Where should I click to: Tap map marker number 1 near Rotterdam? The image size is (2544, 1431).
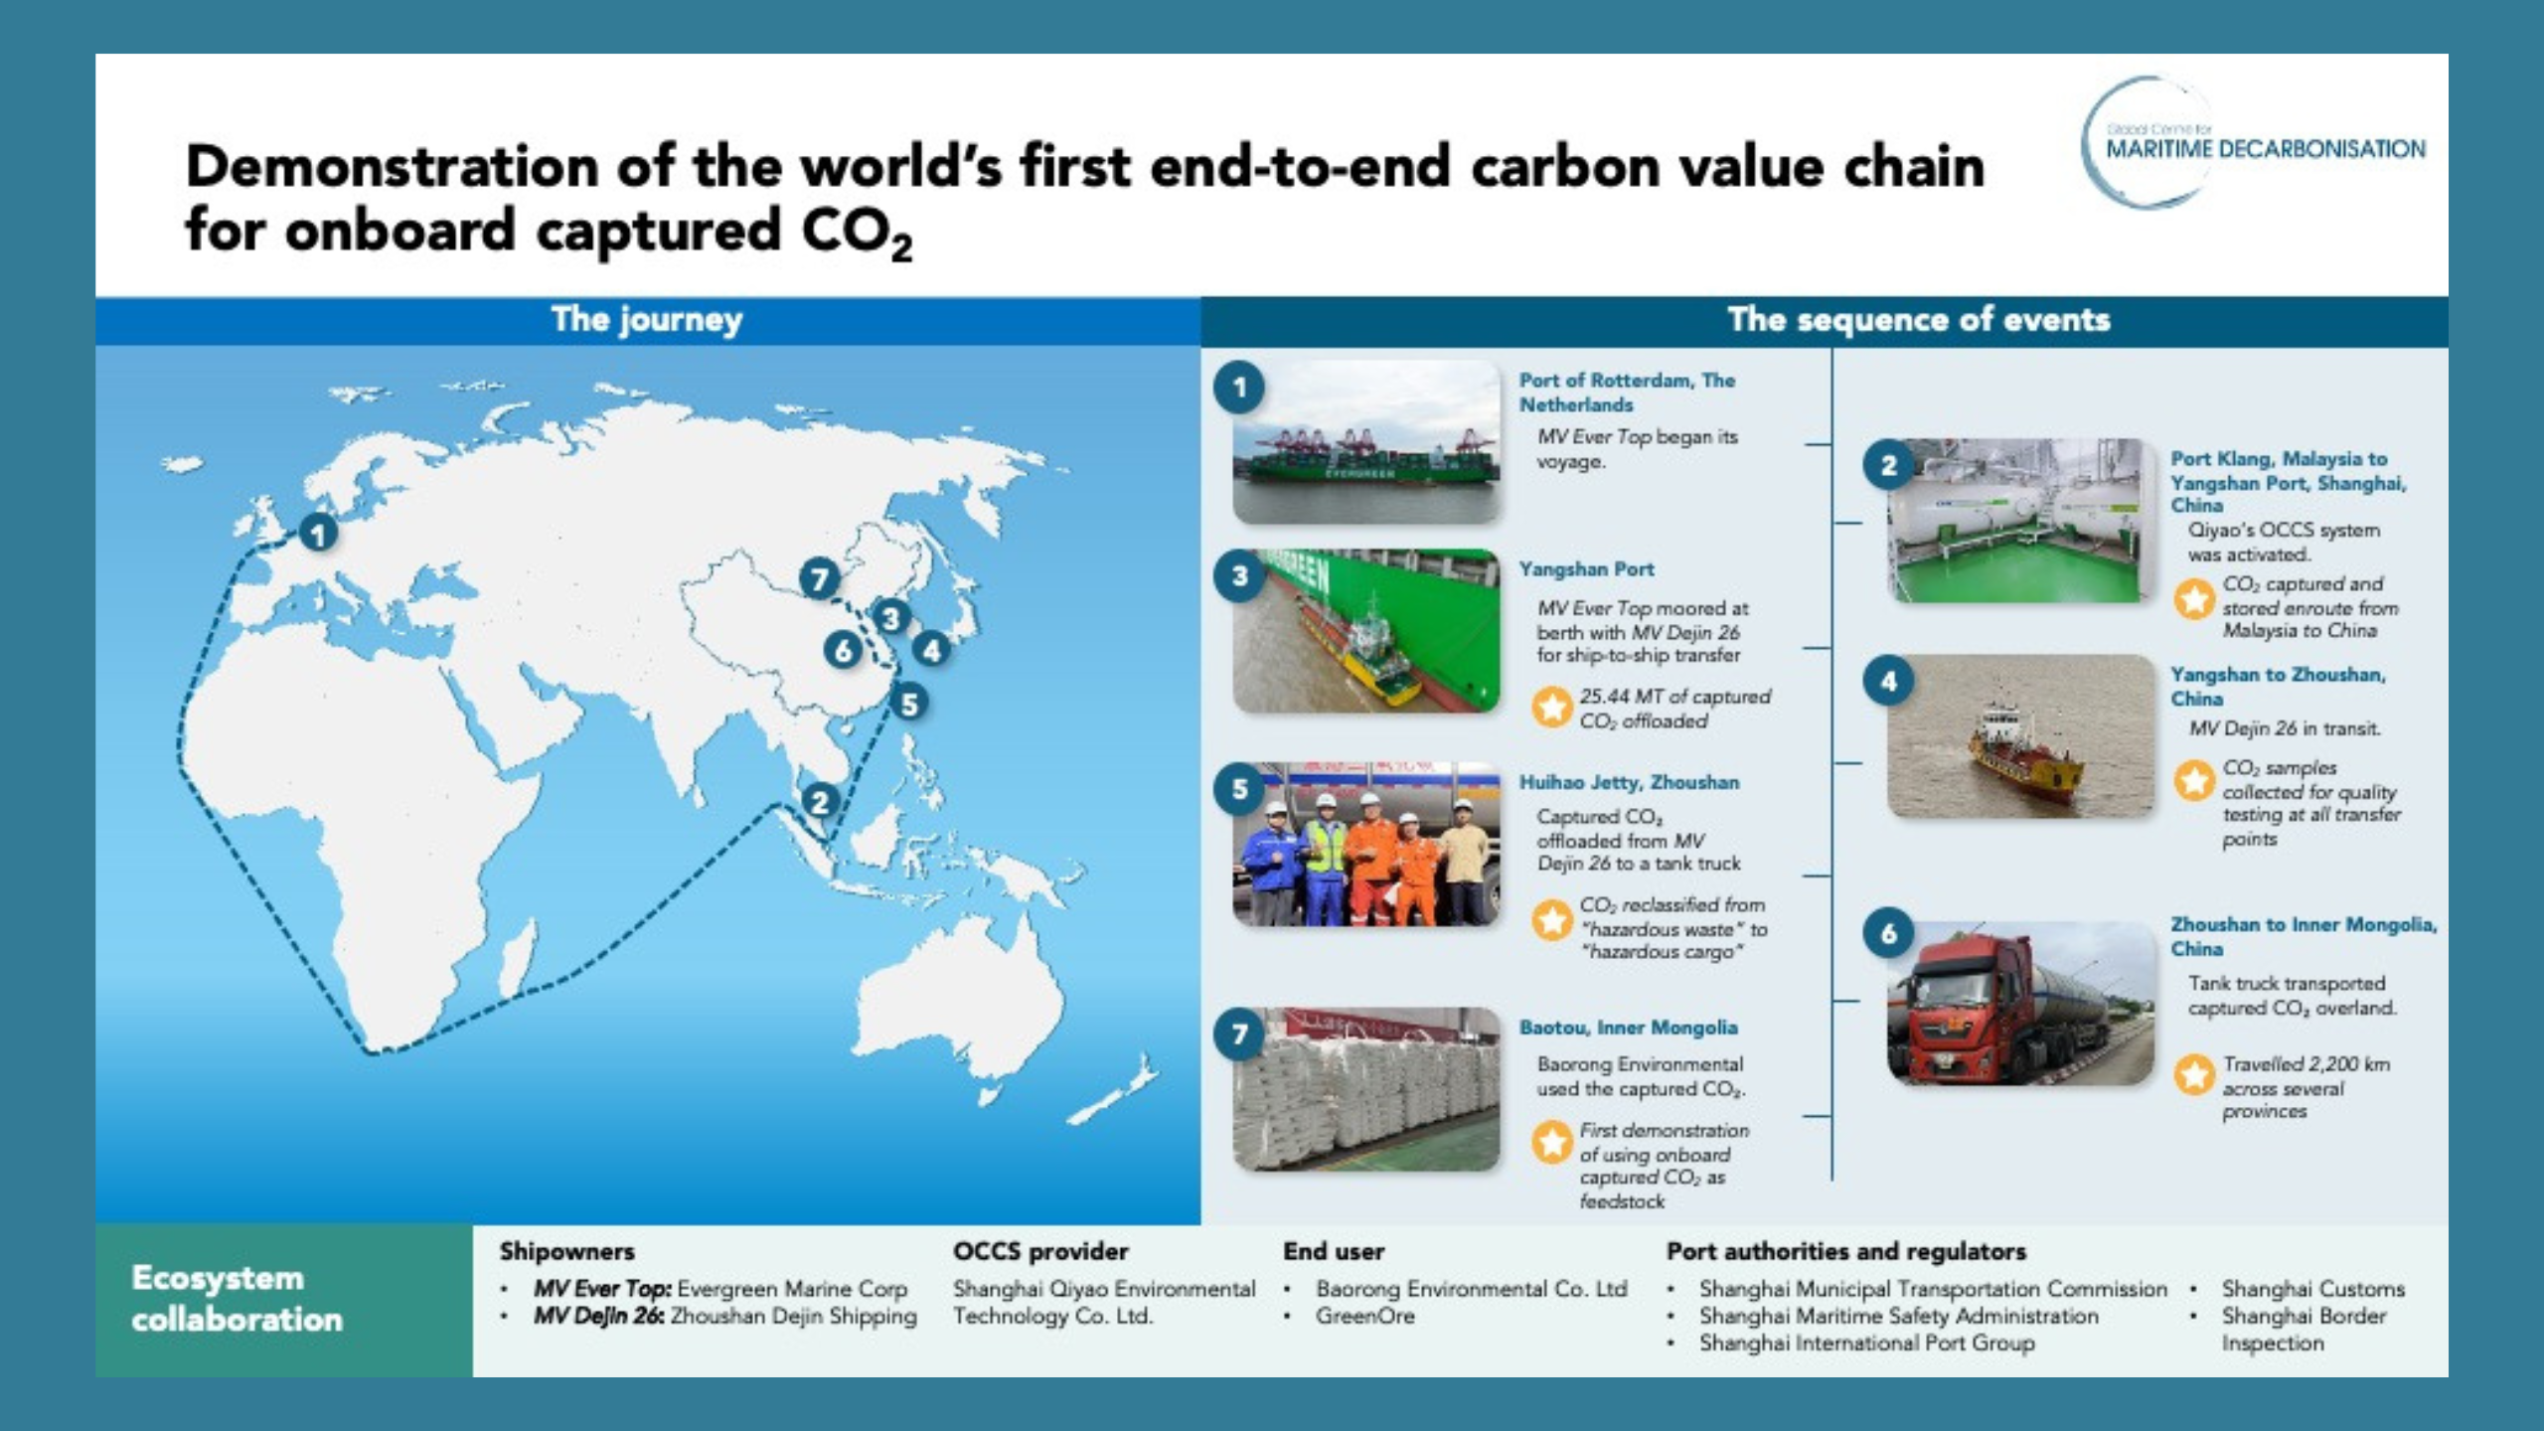pyautogui.click(x=318, y=535)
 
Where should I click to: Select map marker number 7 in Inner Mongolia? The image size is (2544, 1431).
pyautogui.click(x=819, y=578)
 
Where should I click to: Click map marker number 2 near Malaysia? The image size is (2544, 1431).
pyautogui.click(x=820, y=802)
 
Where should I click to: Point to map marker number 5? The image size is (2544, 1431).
pyautogui.click(x=908, y=704)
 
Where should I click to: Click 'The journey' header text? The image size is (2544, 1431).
pyautogui.click(x=647, y=320)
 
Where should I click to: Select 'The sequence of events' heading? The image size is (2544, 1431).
pyautogui.click(x=1919, y=320)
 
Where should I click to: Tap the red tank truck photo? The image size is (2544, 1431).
pyautogui.click(x=2020, y=1002)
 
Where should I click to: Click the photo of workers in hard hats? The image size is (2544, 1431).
pyautogui.click(x=1366, y=845)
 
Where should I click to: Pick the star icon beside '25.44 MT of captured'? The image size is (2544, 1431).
pyautogui.click(x=1551, y=707)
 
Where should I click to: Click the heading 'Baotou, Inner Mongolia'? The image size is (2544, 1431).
pyautogui.click(x=1629, y=1028)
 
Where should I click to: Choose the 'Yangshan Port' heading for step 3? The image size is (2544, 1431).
pyautogui.click(x=1587, y=569)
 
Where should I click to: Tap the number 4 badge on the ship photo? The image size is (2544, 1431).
pyautogui.click(x=1889, y=682)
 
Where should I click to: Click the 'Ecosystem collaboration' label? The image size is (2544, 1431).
pyautogui.click(x=237, y=1299)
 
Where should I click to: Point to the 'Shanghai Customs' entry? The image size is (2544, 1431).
pyautogui.click(x=2313, y=1289)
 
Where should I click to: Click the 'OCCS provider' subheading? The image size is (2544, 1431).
pyautogui.click(x=1040, y=1251)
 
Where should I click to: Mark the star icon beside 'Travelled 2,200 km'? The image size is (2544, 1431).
pyautogui.click(x=2194, y=1074)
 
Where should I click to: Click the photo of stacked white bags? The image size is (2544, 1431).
pyautogui.click(x=1366, y=1090)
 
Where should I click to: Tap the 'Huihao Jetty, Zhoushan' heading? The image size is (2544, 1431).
pyautogui.click(x=1629, y=782)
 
